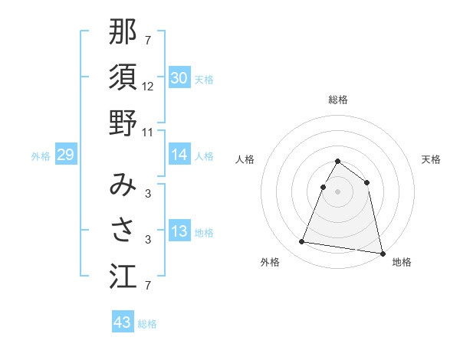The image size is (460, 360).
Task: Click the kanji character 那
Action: click(x=123, y=34)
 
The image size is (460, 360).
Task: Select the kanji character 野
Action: click(x=123, y=123)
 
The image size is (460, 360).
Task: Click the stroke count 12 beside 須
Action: click(x=148, y=87)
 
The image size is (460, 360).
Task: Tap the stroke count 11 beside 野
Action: click(x=149, y=132)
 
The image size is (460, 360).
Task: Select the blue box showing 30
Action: click(x=179, y=78)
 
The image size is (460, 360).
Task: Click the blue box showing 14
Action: click(x=179, y=155)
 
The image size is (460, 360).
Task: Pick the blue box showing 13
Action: click(x=179, y=232)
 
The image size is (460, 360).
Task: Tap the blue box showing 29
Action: click(x=65, y=155)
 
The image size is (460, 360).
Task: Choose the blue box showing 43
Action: click(x=123, y=322)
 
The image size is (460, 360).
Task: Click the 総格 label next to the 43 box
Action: click(x=147, y=324)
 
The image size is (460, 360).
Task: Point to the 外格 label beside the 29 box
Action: click(x=41, y=156)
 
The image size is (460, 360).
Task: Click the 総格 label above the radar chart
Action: click(x=338, y=100)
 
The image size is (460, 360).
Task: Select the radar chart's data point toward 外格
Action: click(x=302, y=242)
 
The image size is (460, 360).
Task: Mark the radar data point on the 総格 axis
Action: click(x=338, y=162)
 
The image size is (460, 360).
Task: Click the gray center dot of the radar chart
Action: click(x=338, y=191)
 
